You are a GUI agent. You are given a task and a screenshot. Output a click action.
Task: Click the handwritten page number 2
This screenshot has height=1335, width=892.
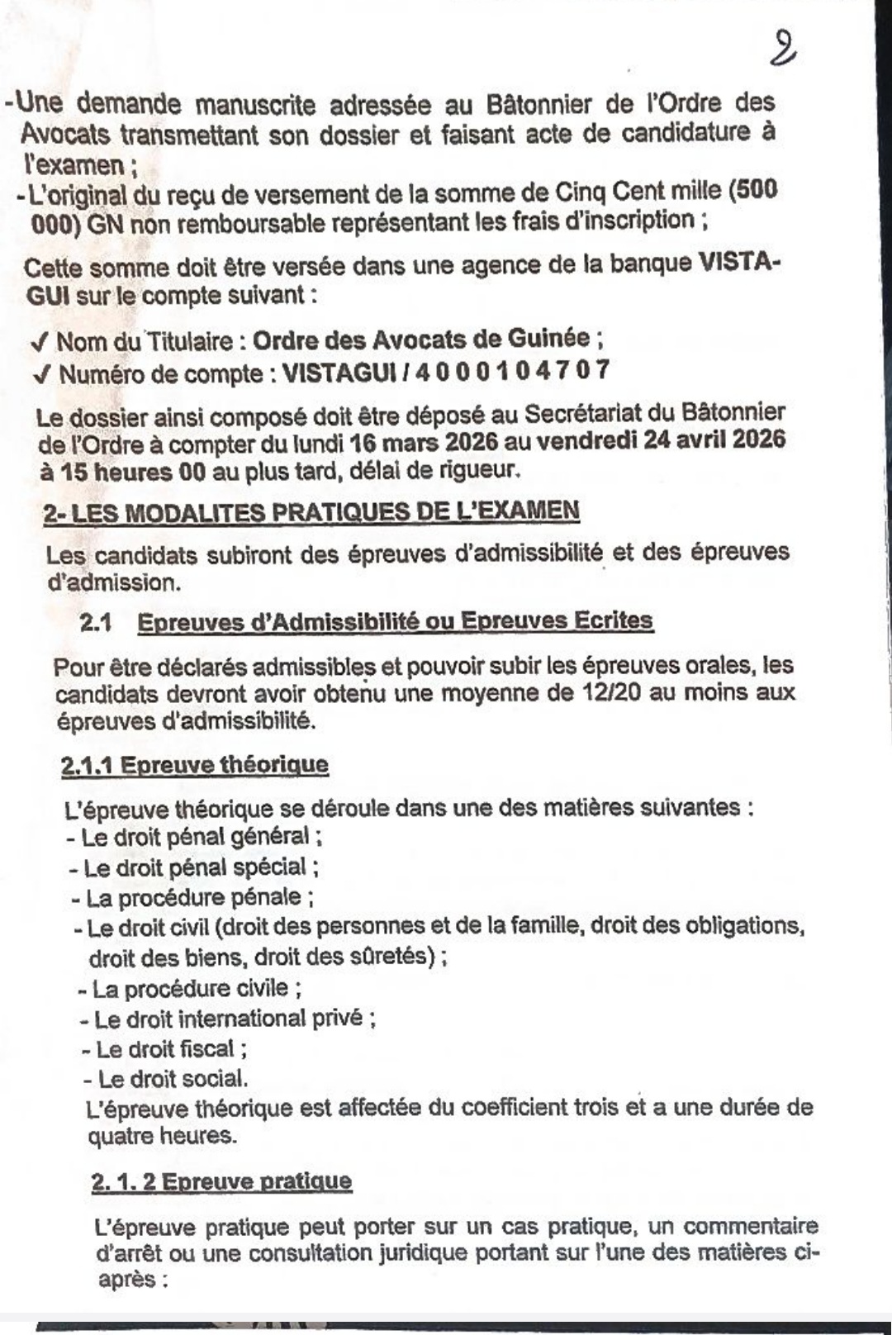pyautogui.click(x=781, y=48)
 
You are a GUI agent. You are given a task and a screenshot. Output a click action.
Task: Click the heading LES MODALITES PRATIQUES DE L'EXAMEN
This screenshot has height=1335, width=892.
pyautogui.click(x=325, y=511)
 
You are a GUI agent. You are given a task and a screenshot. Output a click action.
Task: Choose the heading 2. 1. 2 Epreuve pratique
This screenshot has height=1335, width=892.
pyautogui.click(x=222, y=1181)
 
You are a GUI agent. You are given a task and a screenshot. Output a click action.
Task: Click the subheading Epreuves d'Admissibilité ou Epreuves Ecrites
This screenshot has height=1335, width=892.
pyautogui.click(x=396, y=621)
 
